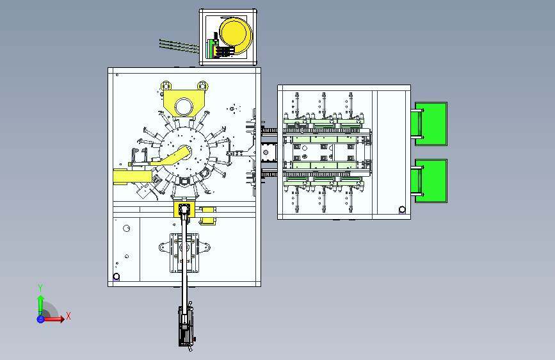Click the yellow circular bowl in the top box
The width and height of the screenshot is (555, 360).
[x=235, y=35]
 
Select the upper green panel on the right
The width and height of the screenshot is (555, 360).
[x=431, y=124]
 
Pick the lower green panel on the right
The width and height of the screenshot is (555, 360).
[x=431, y=181]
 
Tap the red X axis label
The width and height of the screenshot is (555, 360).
[x=68, y=316]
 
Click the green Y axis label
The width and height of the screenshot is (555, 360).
[x=40, y=288]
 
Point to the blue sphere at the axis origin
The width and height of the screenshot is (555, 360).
[x=40, y=319]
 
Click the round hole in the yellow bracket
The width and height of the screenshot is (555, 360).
[x=184, y=106]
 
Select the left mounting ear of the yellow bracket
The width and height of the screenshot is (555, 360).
[x=166, y=86]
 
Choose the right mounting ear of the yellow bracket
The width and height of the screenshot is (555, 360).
[x=202, y=86]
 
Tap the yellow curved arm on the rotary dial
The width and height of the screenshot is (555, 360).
[x=170, y=159]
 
